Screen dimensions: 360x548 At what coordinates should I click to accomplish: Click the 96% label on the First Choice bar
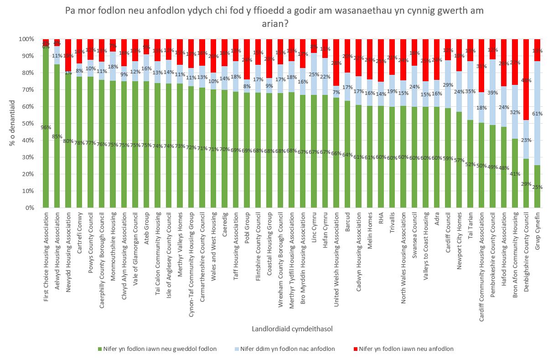[x=46, y=126]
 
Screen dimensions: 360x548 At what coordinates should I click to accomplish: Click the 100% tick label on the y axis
[x=26, y=39]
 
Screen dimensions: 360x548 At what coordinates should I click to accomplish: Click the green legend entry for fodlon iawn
[x=157, y=349]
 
